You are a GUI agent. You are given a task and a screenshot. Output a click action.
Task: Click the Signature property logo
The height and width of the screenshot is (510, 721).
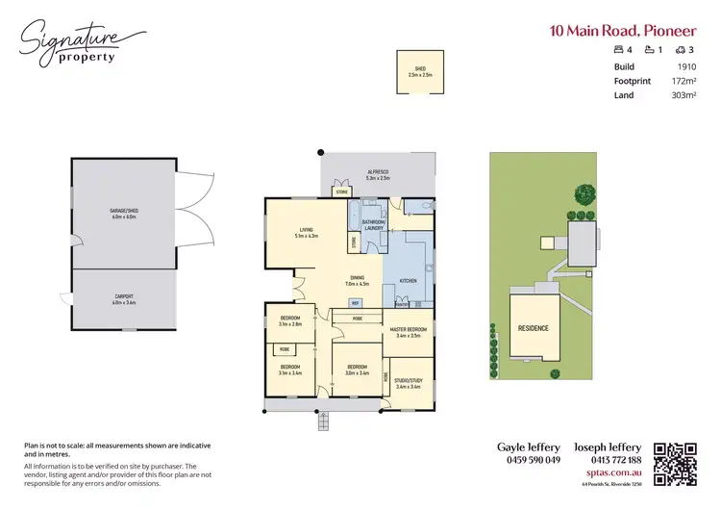(81, 43)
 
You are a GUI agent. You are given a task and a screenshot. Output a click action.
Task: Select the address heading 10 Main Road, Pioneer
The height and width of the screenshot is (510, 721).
(622, 30)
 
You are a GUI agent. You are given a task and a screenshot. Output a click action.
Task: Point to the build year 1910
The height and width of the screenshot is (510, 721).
(685, 66)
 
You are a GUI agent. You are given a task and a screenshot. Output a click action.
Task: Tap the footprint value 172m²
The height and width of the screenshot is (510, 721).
(682, 81)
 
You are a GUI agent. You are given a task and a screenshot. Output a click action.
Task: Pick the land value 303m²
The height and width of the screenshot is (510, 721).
(682, 95)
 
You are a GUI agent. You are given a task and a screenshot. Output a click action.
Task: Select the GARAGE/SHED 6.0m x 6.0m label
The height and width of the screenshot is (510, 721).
(123, 215)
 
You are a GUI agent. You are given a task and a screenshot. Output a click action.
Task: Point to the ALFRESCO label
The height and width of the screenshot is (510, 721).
(378, 175)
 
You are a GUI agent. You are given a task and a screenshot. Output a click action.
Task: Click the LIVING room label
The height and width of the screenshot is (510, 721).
(306, 232)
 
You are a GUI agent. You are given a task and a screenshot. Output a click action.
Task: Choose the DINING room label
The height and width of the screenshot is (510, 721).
(357, 281)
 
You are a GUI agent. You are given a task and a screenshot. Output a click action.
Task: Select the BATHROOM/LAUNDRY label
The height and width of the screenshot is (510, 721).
(373, 224)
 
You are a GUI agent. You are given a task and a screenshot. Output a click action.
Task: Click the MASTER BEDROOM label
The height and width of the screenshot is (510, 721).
(409, 332)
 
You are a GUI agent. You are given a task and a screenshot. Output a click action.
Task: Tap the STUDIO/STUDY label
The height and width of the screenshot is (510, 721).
(409, 383)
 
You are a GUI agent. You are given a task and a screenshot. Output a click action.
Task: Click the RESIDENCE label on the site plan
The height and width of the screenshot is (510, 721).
(534, 328)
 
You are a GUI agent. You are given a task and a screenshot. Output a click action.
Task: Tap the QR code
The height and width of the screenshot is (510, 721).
(675, 463)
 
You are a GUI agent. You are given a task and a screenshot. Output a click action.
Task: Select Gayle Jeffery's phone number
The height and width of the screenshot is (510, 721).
(528, 460)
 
